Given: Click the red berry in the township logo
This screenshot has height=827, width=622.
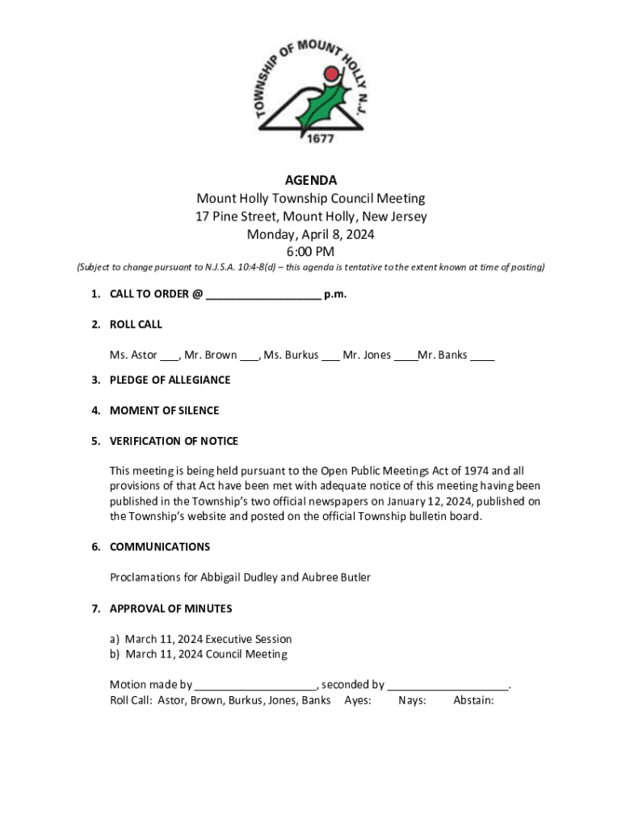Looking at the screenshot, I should tap(330, 75).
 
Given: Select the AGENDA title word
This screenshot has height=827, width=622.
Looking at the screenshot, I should tap(310, 180).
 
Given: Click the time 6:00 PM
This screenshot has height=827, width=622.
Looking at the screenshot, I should tap(310, 252).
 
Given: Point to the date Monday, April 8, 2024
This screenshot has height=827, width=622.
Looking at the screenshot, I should tap(310, 234).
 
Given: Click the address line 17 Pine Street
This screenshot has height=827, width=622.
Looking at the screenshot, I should tap(310, 216).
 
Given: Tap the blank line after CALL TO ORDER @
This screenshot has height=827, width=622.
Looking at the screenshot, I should tap(263, 295).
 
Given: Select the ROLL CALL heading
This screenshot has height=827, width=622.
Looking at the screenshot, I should tap(136, 325).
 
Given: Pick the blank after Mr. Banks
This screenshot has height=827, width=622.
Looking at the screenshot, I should tap(482, 356).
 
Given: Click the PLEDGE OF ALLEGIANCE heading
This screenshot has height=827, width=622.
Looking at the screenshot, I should tap(170, 380).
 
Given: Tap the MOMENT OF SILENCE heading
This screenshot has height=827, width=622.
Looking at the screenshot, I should tap(164, 411).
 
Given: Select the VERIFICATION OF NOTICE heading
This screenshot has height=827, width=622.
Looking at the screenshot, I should tap(174, 442).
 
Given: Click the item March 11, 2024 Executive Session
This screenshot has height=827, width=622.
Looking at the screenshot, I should tap(208, 640).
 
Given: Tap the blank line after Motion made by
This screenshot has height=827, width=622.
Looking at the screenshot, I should tap(255, 686).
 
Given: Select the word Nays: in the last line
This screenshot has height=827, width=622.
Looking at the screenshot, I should tap(413, 700).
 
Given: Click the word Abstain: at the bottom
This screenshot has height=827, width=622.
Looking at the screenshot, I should tap(473, 700).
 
